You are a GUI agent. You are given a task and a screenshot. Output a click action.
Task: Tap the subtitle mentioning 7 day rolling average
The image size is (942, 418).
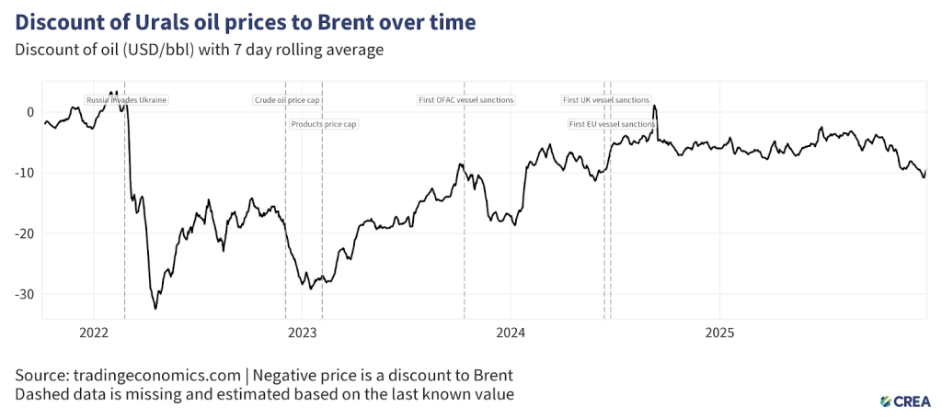(198, 50)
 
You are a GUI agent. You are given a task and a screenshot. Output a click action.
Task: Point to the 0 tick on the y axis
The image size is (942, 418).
(29, 112)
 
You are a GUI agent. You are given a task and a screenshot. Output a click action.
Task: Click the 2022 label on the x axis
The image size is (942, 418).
(95, 332)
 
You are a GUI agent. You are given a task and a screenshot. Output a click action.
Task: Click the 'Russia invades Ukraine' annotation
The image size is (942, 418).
(126, 100)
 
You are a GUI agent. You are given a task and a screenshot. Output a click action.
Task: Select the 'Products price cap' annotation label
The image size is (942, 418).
(323, 123)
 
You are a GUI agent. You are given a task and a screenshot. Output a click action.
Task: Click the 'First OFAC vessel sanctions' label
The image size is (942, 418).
(465, 100)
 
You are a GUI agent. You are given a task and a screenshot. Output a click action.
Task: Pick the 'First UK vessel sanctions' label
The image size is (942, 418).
(605, 100)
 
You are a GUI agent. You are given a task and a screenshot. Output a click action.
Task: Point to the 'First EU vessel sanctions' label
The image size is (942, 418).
(612, 123)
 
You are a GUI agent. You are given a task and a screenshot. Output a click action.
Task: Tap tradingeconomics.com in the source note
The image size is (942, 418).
(131, 376)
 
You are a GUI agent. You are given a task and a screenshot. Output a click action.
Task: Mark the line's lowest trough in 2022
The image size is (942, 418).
(155, 309)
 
